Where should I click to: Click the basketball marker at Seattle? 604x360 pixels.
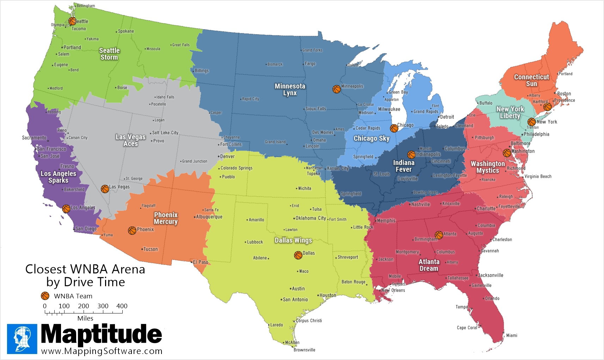(x=72, y=21)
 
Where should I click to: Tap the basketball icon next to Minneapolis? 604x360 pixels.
(x=337, y=89)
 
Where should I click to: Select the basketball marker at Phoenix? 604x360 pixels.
(x=132, y=231)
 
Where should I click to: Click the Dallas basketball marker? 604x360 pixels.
(x=298, y=255)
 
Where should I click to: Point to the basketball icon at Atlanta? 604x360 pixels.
(x=439, y=235)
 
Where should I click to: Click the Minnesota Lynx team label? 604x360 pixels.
(x=290, y=90)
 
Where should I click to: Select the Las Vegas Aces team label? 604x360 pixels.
(x=130, y=140)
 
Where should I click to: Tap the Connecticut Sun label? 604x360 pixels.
(x=531, y=80)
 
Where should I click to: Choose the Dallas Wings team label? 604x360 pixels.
(x=293, y=240)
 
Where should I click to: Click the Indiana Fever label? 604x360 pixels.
(x=404, y=166)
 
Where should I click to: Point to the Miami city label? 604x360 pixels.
(x=512, y=335)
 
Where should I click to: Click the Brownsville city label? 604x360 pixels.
(x=304, y=350)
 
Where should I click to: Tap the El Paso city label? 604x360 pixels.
(x=200, y=262)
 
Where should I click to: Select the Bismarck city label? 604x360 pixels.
(x=275, y=65)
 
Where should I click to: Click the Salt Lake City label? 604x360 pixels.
(x=165, y=133)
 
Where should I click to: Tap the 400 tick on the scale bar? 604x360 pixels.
(x=122, y=306)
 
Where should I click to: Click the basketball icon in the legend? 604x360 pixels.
(x=45, y=296)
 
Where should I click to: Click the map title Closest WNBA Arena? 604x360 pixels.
(x=85, y=269)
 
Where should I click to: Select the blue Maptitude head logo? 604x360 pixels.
(x=22, y=339)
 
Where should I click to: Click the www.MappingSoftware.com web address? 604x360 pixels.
(x=102, y=351)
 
